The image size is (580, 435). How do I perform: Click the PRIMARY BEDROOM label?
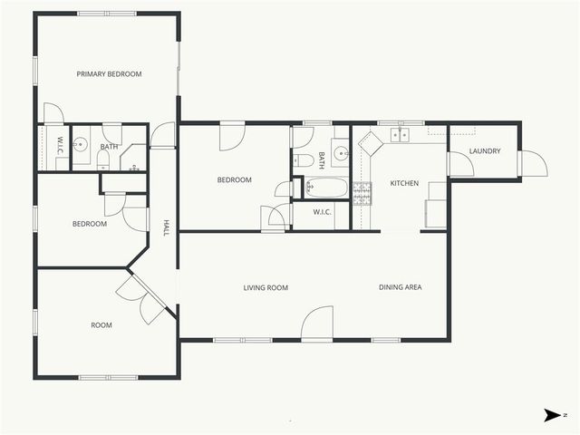109,74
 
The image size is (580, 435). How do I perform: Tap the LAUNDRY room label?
485,151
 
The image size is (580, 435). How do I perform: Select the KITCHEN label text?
404,184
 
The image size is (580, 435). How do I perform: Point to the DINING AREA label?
400,287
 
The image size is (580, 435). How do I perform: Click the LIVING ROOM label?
266,288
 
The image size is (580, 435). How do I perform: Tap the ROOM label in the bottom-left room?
101,324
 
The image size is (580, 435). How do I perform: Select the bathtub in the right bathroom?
326,188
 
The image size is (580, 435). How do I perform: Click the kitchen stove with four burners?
362,193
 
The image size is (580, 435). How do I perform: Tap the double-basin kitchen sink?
399,136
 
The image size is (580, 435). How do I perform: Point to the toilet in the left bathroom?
102,161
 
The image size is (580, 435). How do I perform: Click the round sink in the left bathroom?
81,143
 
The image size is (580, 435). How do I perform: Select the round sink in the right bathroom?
341,152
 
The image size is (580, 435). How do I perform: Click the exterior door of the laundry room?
533,163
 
